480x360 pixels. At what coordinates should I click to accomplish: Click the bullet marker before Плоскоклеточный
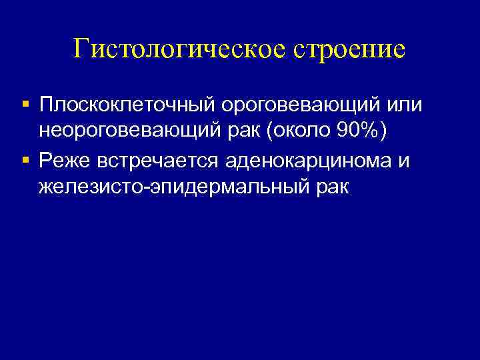(25, 105)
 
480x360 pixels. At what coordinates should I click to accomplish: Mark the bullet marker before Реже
(25, 160)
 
